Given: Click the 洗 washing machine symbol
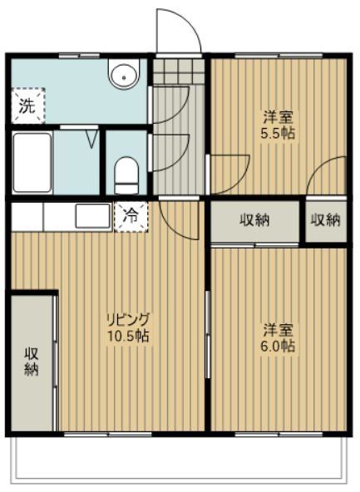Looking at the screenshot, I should [27, 106].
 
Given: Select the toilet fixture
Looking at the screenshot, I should [126, 171].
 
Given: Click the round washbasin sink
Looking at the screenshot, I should [126, 76].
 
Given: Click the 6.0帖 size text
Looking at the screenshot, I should [279, 346].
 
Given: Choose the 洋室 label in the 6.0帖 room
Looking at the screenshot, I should [279, 328].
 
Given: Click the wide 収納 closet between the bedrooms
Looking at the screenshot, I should [254, 220].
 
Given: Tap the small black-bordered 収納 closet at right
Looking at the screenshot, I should [326, 220].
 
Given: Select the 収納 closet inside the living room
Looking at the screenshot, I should [32, 361].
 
